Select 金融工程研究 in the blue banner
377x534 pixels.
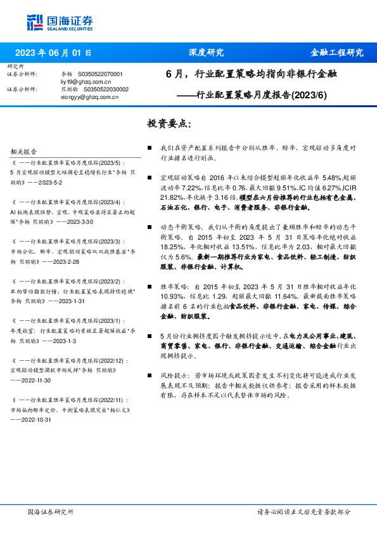[336, 53]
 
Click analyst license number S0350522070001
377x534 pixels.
[100, 75]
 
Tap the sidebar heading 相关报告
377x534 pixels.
[24, 152]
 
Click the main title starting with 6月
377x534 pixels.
[252, 74]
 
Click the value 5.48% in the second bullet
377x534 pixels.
[314, 179]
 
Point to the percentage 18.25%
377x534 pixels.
[172, 248]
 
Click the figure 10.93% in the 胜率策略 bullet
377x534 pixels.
[172, 305]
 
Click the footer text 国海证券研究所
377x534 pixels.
[51, 511]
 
